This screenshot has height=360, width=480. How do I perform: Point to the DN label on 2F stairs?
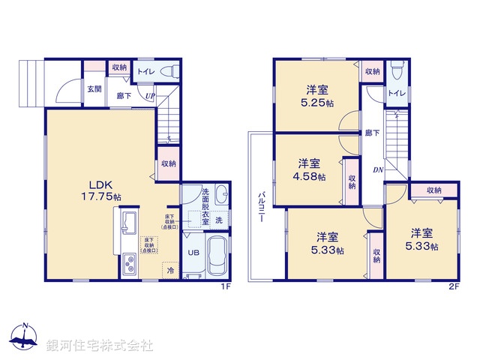coord(376,169)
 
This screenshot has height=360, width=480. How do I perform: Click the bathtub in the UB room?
coord(218,258)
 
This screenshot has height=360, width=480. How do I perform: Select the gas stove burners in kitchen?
coord(128,265)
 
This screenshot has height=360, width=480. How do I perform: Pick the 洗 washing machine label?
coord(218,220)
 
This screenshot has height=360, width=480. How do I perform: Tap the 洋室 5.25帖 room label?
coord(315,96)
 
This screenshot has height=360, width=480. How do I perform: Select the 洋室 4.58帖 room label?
coord(310,169)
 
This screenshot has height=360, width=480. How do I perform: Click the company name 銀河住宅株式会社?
coord(100,346)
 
